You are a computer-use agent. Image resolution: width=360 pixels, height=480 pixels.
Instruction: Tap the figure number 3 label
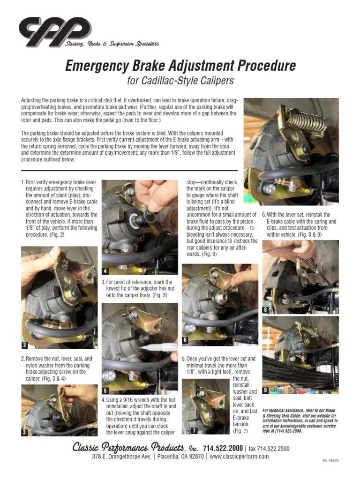click(25, 432)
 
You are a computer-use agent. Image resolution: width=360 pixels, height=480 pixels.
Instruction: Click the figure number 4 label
click(106, 270)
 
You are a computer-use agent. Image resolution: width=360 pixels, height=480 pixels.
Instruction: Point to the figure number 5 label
click(106, 390)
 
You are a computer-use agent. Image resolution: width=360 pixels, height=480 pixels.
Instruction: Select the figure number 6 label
click(186, 339)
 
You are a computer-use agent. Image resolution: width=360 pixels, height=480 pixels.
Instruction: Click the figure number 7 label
click(194, 430)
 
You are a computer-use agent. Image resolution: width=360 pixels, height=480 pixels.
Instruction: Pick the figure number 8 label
click(266, 310)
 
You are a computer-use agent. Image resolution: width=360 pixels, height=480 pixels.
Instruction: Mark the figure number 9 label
click(266, 390)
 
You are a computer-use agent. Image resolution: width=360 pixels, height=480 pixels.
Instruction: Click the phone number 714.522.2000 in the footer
click(223, 448)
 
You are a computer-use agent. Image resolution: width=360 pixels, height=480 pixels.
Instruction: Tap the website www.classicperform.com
click(240, 457)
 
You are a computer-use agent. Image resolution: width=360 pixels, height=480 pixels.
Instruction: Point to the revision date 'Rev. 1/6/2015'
click(331, 460)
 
